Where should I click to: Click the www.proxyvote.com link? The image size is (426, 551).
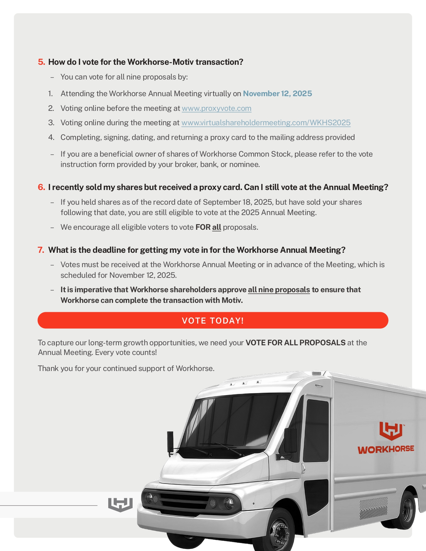[217, 109]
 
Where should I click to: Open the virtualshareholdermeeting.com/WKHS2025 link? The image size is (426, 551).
[266, 123]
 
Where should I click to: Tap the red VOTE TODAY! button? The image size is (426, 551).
[213, 321]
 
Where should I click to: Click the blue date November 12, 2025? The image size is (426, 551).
[277, 94]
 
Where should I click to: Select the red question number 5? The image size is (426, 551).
[41, 62]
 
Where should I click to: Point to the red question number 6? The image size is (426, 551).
[41, 187]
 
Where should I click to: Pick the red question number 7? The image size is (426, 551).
[41, 250]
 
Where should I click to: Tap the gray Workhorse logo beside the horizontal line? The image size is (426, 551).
[120, 504]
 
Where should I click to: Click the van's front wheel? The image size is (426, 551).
[279, 531]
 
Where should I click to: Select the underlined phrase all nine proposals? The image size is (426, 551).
[279, 290]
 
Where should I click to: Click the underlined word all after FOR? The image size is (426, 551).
[217, 227]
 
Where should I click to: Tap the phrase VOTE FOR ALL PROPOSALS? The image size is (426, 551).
[295, 343]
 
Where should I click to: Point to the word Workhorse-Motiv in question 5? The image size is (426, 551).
[160, 62]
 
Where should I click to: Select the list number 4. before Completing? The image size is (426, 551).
[51, 138]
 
